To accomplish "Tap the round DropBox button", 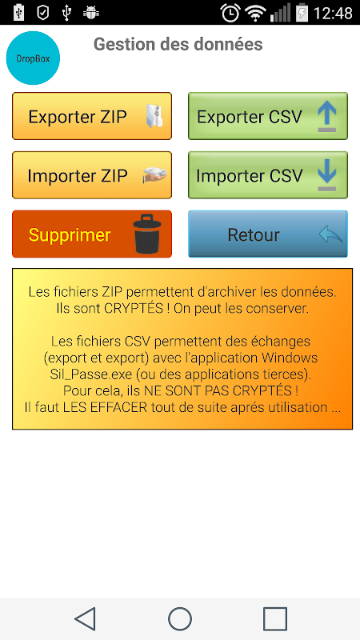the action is point(33,58).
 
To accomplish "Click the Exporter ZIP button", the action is point(92,116).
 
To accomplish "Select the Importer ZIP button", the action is point(92,175).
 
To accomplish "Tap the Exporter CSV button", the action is point(268,116).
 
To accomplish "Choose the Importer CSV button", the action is point(268,175).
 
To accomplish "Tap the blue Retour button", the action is point(268,234).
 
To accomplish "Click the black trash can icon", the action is point(147,234).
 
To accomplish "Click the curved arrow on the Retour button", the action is point(331,235).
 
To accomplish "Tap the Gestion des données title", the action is point(178,45).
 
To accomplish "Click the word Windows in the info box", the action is point(290,358).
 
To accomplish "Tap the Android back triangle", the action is point(86,618).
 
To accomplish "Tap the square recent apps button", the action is point(275,618).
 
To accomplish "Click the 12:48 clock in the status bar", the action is point(333,13).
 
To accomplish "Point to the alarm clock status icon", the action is point(230,13).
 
